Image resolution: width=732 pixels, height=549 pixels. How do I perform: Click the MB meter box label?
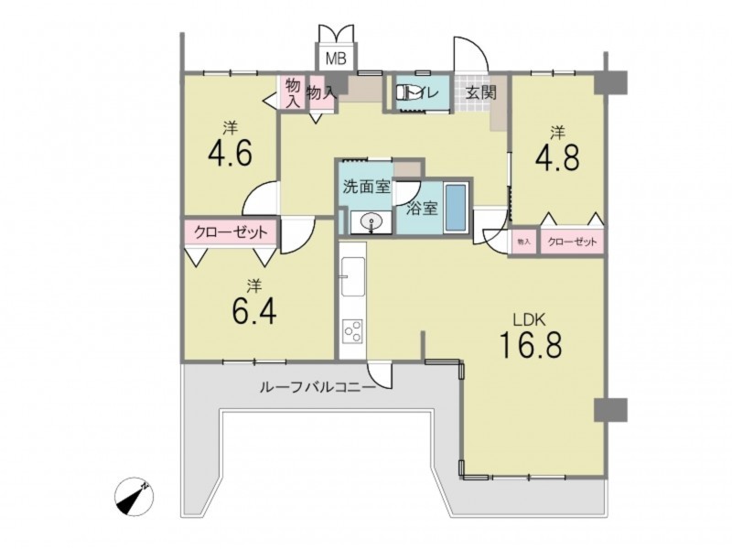336,59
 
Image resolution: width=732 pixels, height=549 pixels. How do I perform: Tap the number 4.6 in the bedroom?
231,153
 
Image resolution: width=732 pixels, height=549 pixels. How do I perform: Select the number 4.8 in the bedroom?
557,157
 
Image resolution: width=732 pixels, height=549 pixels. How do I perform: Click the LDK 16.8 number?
531,345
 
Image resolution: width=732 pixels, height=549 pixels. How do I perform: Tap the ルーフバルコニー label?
318,387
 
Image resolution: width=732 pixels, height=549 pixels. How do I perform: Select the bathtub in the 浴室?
456,209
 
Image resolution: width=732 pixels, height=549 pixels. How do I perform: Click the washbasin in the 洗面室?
371,221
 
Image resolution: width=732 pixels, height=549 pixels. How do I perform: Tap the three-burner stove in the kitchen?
353,330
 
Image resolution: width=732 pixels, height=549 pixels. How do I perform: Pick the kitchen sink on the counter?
353,276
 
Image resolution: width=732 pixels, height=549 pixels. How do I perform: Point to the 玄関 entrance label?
481,92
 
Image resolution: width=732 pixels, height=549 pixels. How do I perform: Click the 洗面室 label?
367,187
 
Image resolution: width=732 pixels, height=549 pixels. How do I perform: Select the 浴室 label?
422,209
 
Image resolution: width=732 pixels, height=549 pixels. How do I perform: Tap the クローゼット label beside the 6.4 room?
231,232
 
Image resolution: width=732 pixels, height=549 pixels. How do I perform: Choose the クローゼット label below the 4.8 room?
572,242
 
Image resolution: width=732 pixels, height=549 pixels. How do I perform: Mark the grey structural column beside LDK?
610,410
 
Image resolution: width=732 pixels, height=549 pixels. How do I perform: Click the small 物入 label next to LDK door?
523,242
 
